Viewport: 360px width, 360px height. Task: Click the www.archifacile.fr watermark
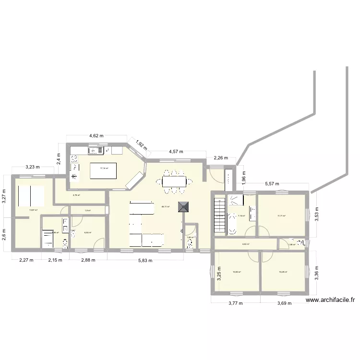pyautogui.click(x=330, y=300)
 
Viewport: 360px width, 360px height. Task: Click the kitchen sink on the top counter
pyautogui.click(x=96, y=150)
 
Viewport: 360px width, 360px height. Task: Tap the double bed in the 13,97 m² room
pyautogui.click(x=31, y=195)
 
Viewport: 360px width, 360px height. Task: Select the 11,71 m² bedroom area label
pyautogui.click(x=281, y=216)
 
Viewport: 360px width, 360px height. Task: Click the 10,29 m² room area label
pyautogui.click(x=283, y=272)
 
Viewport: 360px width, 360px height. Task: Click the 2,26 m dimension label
pyautogui.click(x=221, y=157)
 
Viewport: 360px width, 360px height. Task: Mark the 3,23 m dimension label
pyautogui.click(x=33, y=168)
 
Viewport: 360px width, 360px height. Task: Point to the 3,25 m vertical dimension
pyautogui.click(x=219, y=273)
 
